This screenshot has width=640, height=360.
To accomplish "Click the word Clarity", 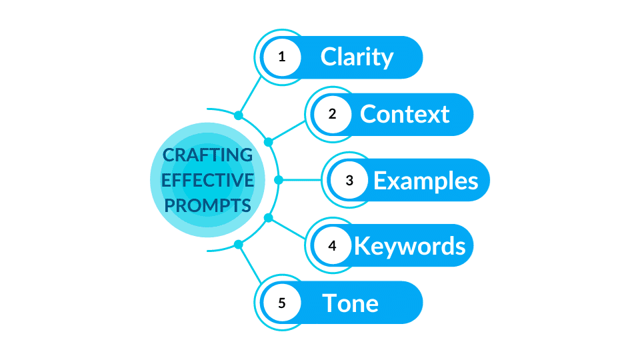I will point(357,57).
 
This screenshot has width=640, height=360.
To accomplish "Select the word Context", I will point(405,114).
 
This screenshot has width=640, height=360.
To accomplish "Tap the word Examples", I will point(425,180).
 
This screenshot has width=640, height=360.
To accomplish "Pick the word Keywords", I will point(409,245).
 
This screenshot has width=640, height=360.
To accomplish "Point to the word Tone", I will point(351,303).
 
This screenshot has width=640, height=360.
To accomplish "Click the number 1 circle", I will point(281,57).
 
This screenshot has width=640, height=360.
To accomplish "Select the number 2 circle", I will point(332,114).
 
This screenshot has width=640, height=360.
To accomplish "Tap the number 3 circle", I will point(349,180).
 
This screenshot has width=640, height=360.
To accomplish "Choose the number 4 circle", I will point(332,245).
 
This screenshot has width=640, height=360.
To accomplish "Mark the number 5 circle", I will point(281,303).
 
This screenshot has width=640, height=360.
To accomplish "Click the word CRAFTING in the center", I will point(208,155).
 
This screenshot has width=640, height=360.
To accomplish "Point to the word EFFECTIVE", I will point(208,180).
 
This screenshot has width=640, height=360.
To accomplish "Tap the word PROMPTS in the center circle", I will point(208,204).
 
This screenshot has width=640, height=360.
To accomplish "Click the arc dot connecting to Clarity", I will point(239,115).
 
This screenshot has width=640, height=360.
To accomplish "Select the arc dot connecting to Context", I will point(269,142).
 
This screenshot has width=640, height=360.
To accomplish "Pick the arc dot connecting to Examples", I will point(279,180).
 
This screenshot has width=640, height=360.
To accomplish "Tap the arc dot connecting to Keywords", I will point(269,217).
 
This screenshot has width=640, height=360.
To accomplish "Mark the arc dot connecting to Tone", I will point(239,245).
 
